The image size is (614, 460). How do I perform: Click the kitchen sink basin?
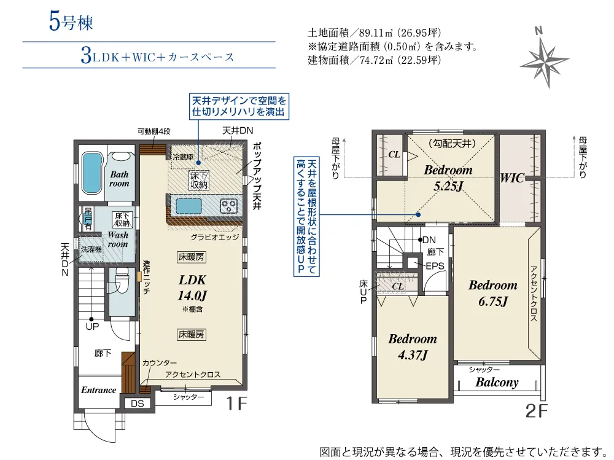point(189,206)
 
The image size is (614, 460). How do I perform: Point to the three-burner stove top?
point(228,206)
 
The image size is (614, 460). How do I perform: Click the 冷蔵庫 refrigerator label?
point(183,157)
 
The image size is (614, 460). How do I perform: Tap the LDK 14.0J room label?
point(192,287)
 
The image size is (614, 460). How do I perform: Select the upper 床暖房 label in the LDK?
point(191,257)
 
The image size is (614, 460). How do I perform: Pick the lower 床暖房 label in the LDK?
point(191,334)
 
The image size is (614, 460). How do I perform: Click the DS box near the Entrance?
point(138,403)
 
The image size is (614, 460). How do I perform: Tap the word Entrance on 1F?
point(99,390)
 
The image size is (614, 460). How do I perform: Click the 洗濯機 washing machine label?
point(91,249)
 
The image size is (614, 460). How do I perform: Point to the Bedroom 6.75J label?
point(493,293)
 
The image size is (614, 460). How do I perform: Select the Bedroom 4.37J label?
point(413,347)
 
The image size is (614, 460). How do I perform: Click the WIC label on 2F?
point(512,178)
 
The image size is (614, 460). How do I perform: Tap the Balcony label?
point(497,382)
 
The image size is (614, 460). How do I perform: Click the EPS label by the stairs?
point(435,267)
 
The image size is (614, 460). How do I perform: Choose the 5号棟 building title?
point(71,21)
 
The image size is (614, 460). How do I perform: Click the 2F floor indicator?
point(536,411)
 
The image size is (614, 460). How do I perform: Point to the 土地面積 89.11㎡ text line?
point(375,33)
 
